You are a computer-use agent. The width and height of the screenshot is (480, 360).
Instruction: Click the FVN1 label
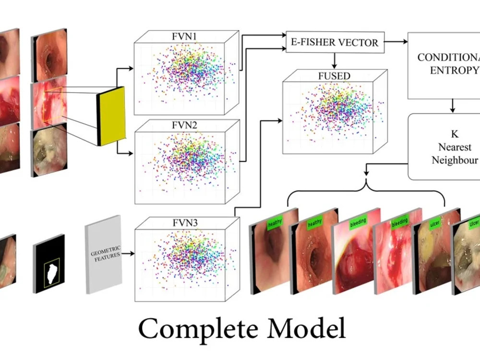[184, 36]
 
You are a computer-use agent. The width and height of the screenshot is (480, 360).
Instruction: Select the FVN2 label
[184, 125]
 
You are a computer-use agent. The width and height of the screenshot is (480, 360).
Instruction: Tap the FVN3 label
[185, 223]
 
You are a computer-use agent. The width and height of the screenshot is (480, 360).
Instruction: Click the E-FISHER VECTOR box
[335, 42]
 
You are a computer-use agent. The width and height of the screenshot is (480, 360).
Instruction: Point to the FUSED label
[334, 76]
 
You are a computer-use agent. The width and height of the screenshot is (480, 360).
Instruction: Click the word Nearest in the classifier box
[455, 147]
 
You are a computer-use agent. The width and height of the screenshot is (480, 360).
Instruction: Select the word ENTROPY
[454, 70]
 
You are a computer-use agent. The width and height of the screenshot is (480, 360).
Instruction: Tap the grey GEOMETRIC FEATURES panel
[104, 255]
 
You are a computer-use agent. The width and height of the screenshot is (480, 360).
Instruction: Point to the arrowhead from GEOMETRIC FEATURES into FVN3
[132, 253]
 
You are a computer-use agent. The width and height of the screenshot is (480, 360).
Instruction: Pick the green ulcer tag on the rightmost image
[474, 224]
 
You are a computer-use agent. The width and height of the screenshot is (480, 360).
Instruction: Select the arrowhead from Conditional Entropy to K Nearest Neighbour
[453, 110]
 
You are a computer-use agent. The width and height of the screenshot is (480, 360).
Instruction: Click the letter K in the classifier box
[455, 134]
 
